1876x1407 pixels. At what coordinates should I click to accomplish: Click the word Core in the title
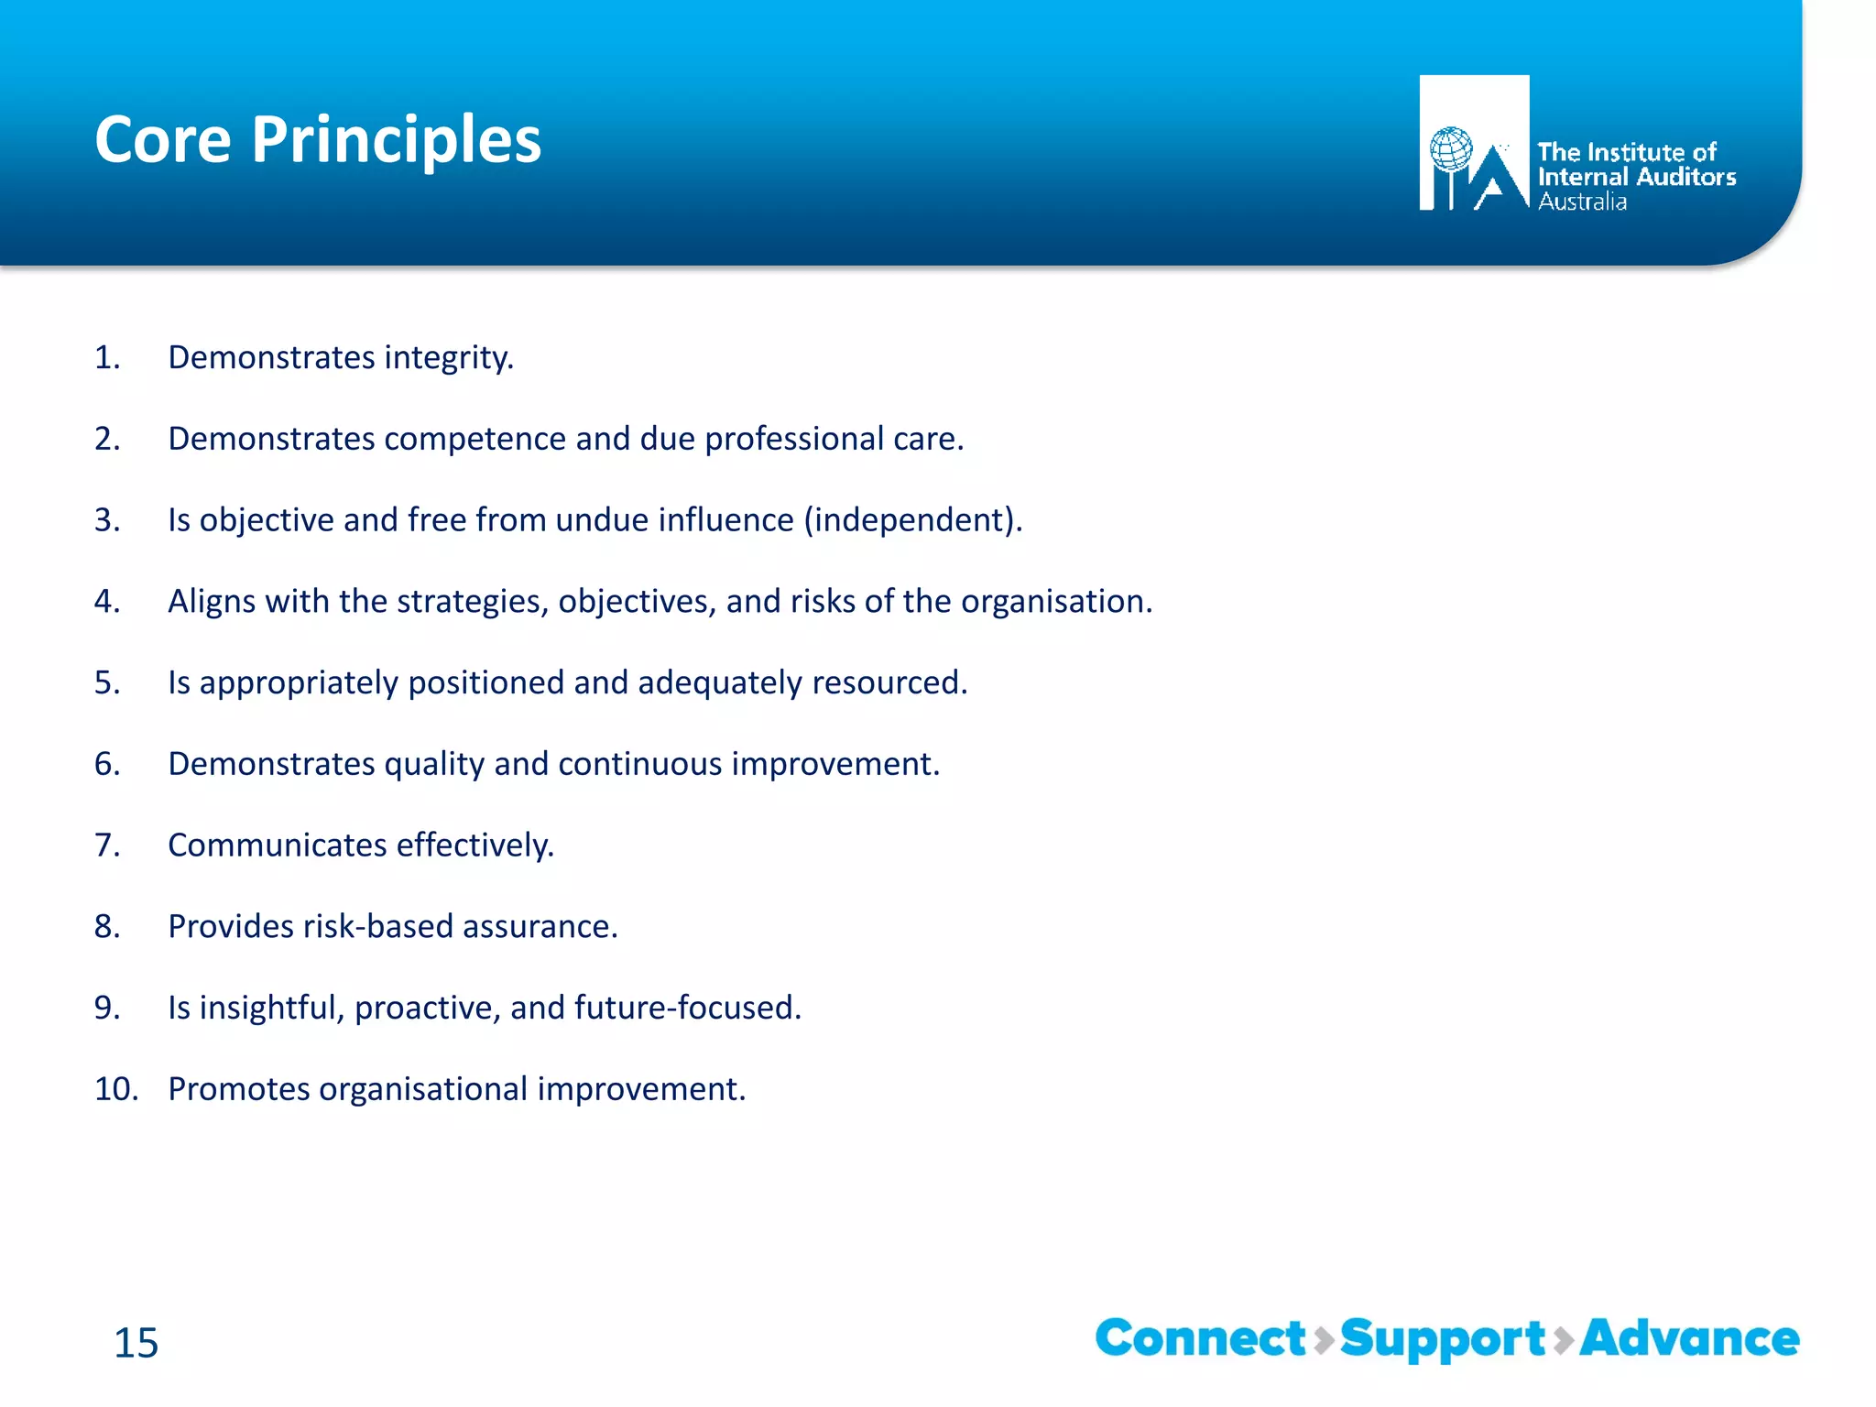pos(163,140)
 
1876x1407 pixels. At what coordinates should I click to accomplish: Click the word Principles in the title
pos(396,140)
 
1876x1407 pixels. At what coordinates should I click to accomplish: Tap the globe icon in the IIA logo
pos(1451,149)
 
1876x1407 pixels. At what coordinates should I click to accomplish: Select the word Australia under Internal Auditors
pos(1582,202)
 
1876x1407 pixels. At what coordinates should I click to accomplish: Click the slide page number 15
pos(136,1343)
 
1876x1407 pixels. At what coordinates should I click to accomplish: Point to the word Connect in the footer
pos(1200,1338)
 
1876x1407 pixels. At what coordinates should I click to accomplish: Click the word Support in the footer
pos(1443,1340)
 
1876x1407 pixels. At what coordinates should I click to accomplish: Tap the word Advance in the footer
pos(1689,1338)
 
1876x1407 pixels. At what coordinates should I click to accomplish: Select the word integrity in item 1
pos(448,358)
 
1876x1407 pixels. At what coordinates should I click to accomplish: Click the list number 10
pos(115,1089)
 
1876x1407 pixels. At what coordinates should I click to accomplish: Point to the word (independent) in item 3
pos(912,520)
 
